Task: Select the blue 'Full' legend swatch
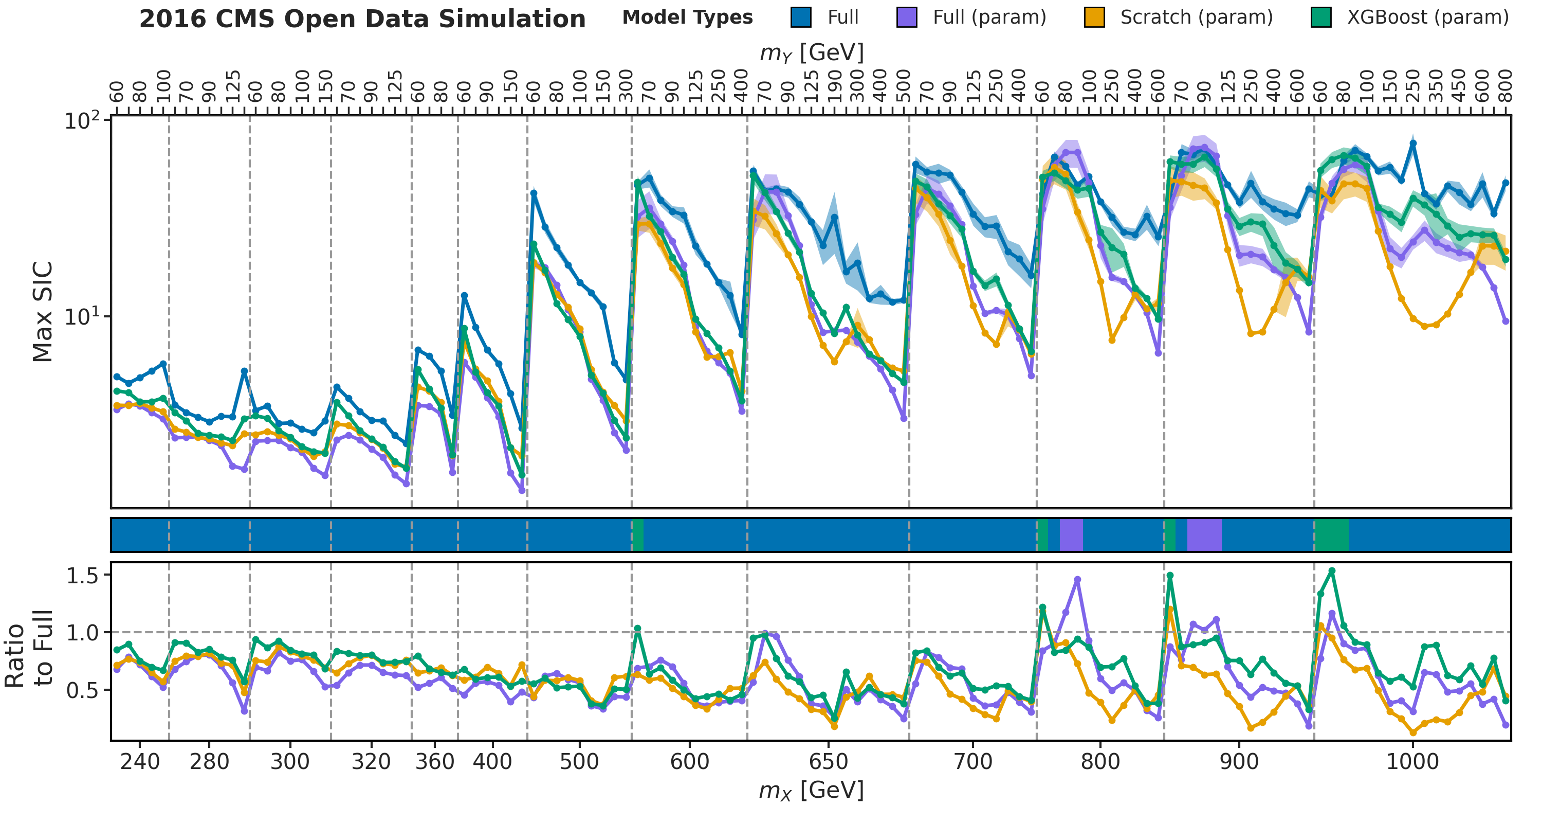click(801, 17)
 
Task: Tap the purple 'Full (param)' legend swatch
click(906, 17)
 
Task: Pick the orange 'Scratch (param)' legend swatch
click(1094, 17)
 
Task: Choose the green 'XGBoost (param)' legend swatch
click(1320, 17)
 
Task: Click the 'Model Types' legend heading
click(687, 17)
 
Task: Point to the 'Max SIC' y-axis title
click(42, 312)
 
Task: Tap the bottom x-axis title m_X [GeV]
click(811, 791)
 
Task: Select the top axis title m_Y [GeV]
click(811, 52)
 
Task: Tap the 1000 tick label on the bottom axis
click(1412, 762)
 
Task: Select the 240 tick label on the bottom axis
click(139, 762)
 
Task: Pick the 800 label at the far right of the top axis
click(1506, 86)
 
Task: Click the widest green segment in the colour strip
click(1331, 535)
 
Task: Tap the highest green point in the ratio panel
click(1332, 571)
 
